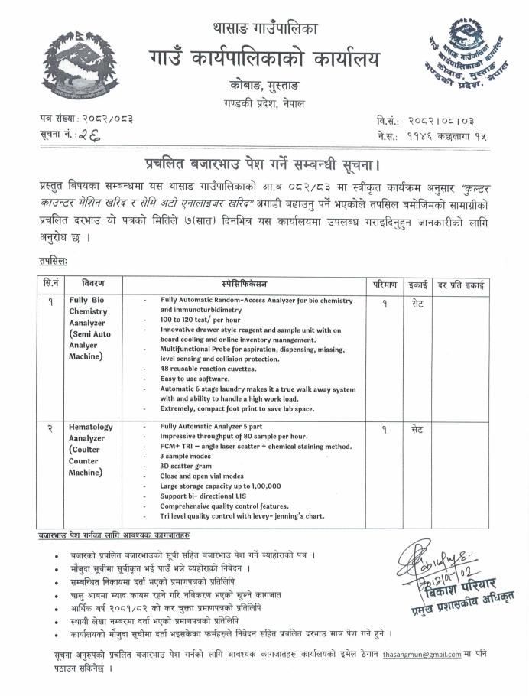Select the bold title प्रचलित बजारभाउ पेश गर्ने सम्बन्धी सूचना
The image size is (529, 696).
point(264,165)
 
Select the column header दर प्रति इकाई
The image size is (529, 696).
point(463,283)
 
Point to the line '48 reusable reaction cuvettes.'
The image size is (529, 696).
point(200,369)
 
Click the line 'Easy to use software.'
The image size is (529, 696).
point(190,379)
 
